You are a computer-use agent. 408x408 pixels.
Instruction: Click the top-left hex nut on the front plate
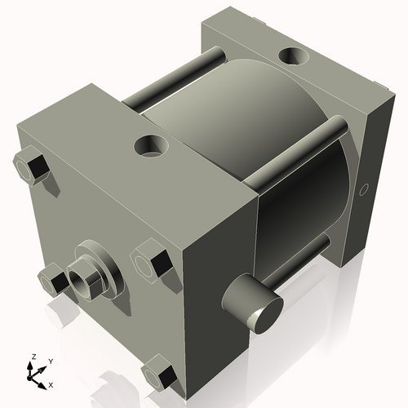tap(31, 167)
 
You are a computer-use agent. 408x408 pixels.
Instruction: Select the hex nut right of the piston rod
tap(153, 263)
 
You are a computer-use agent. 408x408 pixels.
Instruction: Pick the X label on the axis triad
tap(51, 384)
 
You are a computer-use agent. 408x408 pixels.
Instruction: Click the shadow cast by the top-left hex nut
tap(51, 186)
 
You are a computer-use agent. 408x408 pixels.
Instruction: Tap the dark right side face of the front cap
tap(216, 277)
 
